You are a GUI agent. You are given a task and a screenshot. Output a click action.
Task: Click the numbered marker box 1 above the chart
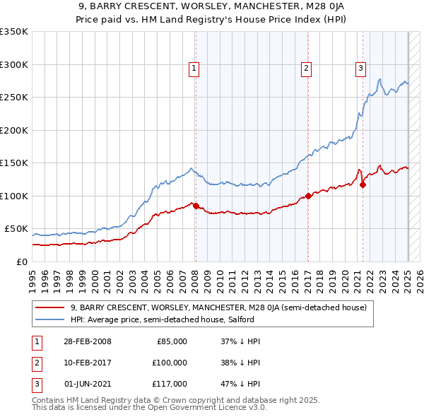coord(194,69)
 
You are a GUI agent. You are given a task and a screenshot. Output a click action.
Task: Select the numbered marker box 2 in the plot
coord(306,69)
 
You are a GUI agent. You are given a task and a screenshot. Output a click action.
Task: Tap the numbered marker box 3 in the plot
coord(360,69)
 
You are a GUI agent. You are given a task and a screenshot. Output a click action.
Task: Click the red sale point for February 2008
coord(196,206)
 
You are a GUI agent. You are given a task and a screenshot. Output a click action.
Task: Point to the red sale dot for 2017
coord(308,196)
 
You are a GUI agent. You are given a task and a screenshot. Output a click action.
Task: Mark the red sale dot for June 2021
coord(363,185)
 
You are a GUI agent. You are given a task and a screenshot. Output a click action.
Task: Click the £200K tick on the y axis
coord(14,130)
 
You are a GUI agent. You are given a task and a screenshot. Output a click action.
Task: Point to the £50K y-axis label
coord(16,229)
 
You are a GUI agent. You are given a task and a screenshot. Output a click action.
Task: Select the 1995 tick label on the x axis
coord(33,276)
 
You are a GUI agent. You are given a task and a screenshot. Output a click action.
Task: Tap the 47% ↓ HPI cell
coord(241,384)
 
